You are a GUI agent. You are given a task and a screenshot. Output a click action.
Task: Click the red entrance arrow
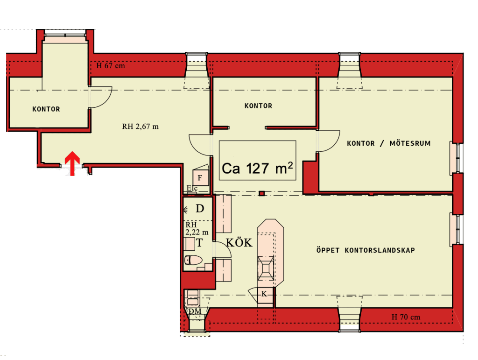[72, 163]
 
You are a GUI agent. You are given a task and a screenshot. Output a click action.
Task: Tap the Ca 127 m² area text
[257, 168]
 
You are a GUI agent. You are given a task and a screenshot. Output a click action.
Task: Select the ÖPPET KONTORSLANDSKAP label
[366, 250]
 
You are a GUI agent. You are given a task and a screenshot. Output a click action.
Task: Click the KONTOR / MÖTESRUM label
[389, 143]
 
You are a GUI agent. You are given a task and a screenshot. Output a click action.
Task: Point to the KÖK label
[239, 243]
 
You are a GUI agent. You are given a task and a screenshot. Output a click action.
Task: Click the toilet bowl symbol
[193, 260]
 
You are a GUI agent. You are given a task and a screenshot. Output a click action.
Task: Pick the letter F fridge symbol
[200, 178]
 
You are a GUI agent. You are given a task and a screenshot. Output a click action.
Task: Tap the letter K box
[265, 294]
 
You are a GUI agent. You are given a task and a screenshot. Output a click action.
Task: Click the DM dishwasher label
[195, 311]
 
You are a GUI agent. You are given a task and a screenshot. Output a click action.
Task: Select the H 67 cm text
[111, 66]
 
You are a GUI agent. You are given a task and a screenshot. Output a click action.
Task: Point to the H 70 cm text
[406, 317]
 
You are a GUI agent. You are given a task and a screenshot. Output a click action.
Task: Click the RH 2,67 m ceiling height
[140, 127]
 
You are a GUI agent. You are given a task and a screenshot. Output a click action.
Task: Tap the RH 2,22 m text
[197, 229]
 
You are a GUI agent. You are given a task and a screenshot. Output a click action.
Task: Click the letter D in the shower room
[200, 209]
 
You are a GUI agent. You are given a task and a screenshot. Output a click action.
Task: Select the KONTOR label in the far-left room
[46, 109]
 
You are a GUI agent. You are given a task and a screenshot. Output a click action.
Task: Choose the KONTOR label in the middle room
[258, 106]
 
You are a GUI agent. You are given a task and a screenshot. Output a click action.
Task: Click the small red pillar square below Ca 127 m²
[261, 193]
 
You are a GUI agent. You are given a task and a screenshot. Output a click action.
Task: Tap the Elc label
[192, 188]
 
